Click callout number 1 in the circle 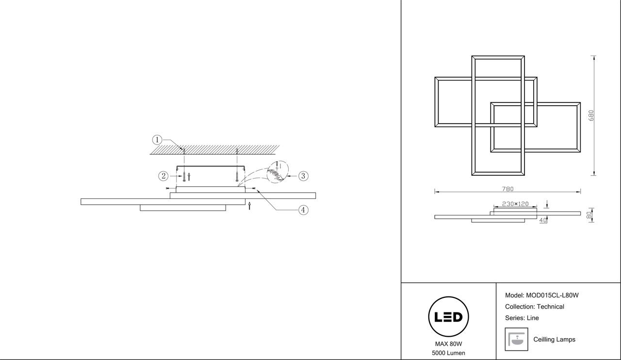click(x=157, y=140)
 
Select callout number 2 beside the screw click(x=163, y=176)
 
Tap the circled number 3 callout click(x=303, y=176)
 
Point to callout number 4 click(x=303, y=210)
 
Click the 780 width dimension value click(x=507, y=189)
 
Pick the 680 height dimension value click(x=591, y=115)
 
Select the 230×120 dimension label click(x=515, y=204)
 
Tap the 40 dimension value click(x=543, y=220)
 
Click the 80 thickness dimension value click(x=589, y=215)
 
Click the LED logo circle click(x=448, y=317)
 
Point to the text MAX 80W click(x=448, y=344)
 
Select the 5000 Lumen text click(x=448, y=353)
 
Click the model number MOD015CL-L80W click(x=552, y=295)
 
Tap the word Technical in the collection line click(x=550, y=307)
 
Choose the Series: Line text click(x=522, y=318)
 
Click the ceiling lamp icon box click(x=516, y=339)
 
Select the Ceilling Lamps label click(x=554, y=340)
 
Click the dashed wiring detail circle click(x=278, y=172)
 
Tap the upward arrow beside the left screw click(x=189, y=177)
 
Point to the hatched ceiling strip click(x=214, y=149)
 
